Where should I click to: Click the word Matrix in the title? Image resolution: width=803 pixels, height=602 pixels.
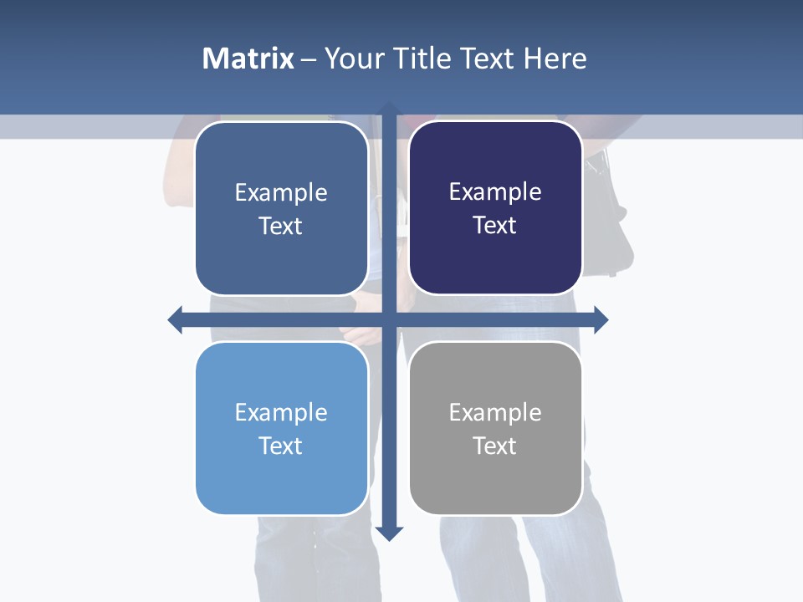(x=248, y=59)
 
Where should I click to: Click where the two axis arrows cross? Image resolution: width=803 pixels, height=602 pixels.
(x=389, y=319)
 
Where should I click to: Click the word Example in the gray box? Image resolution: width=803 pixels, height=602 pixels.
(x=495, y=412)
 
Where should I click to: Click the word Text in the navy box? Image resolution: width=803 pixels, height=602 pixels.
(x=495, y=226)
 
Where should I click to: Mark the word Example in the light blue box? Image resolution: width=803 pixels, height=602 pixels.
(x=281, y=412)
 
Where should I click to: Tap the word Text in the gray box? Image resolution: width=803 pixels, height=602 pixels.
(x=495, y=446)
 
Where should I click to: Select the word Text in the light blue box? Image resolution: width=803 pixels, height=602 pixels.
(x=281, y=446)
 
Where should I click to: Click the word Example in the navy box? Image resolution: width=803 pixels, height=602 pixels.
(x=495, y=192)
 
